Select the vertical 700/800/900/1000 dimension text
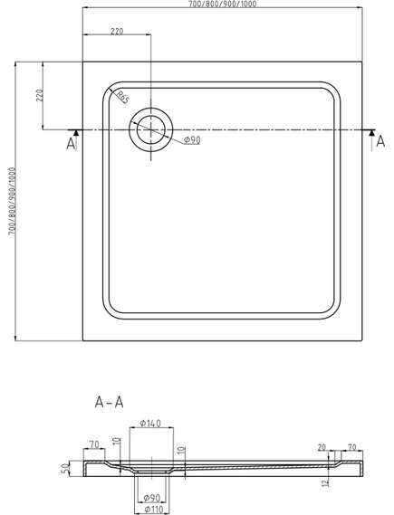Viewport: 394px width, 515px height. coord(12,201)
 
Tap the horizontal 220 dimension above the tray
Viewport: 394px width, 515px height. coord(117,31)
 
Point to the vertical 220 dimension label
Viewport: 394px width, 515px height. coord(40,95)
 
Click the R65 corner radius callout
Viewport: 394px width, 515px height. coord(123,97)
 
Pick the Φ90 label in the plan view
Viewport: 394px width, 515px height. coord(192,140)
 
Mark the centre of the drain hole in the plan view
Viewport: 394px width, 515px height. coord(151,129)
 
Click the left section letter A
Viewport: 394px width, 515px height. coord(71,144)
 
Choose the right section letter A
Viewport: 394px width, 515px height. coord(380,141)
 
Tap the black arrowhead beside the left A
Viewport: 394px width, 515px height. coord(76,133)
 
